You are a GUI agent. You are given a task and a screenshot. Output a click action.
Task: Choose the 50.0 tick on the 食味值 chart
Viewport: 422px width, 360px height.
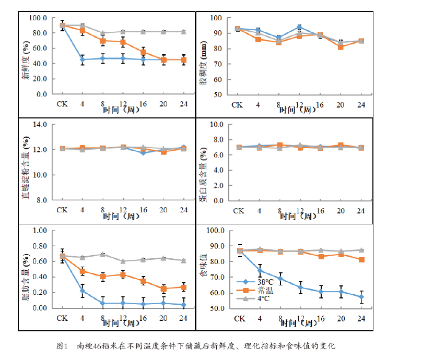tap(216, 308)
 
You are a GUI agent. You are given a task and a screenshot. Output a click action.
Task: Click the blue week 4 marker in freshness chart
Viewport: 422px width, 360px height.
tap(83, 59)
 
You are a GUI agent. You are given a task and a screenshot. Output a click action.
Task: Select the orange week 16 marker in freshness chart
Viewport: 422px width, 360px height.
tap(143, 52)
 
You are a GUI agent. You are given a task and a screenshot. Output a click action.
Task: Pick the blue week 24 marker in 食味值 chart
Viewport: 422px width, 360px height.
tap(361, 297)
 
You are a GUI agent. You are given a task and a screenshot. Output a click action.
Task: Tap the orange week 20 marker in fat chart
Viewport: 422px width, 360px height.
tap(163, 289)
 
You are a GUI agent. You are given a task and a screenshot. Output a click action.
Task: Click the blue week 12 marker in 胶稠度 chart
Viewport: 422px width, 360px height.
tap(299, 27)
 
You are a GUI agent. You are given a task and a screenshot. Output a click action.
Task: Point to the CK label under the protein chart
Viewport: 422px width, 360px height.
tap(238, 210)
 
